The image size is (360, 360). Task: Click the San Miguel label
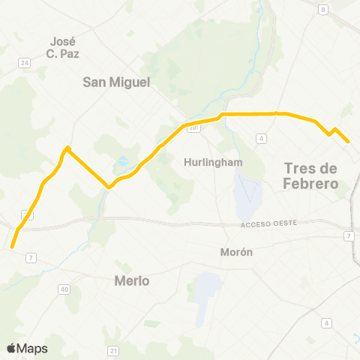point(116,82)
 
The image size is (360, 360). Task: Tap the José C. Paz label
point(64,47)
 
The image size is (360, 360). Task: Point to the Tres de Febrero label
point(312,175)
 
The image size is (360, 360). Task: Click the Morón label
point(236,252)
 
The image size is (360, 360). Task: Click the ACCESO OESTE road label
point(269,224)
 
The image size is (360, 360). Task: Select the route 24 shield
point(24,63)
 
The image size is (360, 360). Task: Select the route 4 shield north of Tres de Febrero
point(261,139)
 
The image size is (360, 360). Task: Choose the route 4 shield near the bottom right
point(327,322)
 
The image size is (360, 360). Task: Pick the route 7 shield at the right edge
point(349,236)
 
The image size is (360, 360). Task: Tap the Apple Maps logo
point(26,348)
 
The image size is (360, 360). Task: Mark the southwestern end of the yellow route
point(12,246)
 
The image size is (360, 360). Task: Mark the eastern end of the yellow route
point(348,142)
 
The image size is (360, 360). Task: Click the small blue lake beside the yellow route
point(122,160)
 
